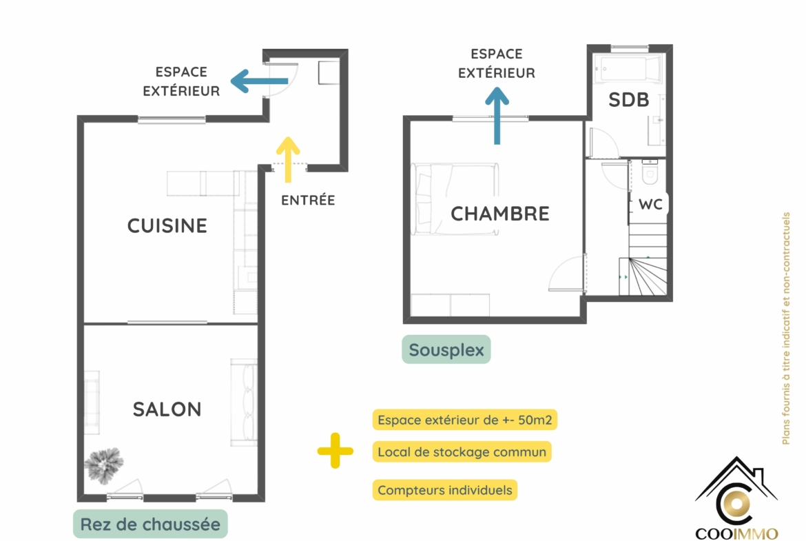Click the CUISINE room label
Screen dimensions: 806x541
[x=167, y=226]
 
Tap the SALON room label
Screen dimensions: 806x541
[x=167, y=409]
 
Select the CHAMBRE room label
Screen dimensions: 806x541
[x=499, y=214]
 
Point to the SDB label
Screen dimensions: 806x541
[x=629, y=100]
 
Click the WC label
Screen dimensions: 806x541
[x=650, y=204]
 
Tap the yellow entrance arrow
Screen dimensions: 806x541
[x=288, y=159]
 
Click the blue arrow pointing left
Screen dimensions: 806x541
[x=259, y=81]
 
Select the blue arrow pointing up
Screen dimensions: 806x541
[x=497, y=116]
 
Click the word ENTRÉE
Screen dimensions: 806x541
[x=308, y=200]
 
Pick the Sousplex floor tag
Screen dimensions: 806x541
[x=446, y=349]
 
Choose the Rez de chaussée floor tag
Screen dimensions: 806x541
[x=150, y=524]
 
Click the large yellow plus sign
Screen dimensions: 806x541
[x=335, y=451]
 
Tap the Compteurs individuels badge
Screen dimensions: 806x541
[x=444, y=490]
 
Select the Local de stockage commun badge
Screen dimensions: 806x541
[x=462, y=452]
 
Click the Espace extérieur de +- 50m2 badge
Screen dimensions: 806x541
[x=465, y=420]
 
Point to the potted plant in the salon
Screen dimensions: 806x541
[x=104, y=465]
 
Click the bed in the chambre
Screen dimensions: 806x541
[x=455, y=199]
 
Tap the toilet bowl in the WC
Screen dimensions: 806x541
[x=650, y=171]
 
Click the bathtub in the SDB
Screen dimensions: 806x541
[x=628, y=70]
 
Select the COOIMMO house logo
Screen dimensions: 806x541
[x=736, y=498]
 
